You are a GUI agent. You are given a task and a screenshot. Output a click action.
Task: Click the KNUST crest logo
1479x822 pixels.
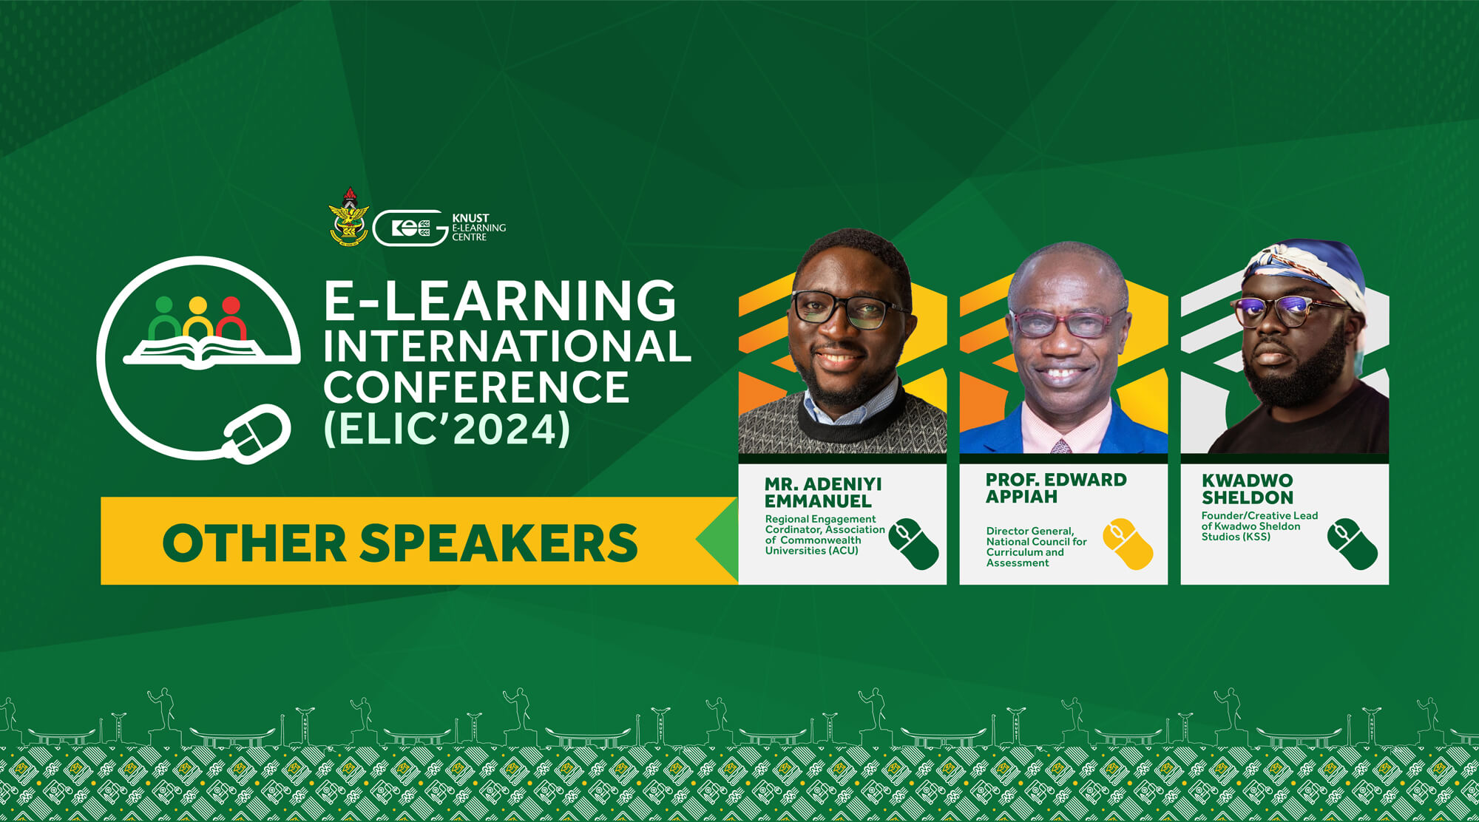pos(348,217)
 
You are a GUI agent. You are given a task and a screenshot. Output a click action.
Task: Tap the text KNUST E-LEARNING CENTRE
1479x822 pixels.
pos(478,228)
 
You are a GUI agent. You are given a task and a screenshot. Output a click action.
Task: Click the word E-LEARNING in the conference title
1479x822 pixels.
pos(500,301)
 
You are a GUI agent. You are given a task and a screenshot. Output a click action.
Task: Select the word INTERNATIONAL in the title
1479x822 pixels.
pos(507,345)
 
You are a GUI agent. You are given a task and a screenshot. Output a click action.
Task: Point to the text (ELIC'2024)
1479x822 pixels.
pos(447,428)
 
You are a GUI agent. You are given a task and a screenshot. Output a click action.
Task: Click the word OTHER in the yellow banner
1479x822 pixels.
pos(254,543)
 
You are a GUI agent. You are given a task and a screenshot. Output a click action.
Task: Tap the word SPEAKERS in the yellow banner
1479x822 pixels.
pos(498,543)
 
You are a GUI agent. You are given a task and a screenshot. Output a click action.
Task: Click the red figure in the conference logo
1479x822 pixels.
pos(231,318)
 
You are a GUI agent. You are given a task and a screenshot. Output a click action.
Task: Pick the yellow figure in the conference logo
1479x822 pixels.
pos(197,318)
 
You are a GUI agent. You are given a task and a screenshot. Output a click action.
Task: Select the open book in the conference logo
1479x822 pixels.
pos(198,350)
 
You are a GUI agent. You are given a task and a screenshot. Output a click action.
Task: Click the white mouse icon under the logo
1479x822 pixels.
pos(257,434)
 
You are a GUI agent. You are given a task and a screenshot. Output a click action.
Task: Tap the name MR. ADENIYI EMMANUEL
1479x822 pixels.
pos(823,492)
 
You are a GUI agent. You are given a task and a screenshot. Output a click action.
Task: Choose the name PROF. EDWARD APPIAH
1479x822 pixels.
pos(1056,488)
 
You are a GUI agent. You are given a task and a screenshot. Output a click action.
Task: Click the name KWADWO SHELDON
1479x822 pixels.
pos(1248,489)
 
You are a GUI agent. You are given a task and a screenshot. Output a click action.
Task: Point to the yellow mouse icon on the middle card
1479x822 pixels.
pos(1128,544)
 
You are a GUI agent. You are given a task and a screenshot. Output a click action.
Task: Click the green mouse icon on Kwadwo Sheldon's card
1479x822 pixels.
pos(1353,544)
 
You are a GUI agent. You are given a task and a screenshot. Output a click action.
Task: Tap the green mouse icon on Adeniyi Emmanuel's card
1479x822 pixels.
pos(913,544)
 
